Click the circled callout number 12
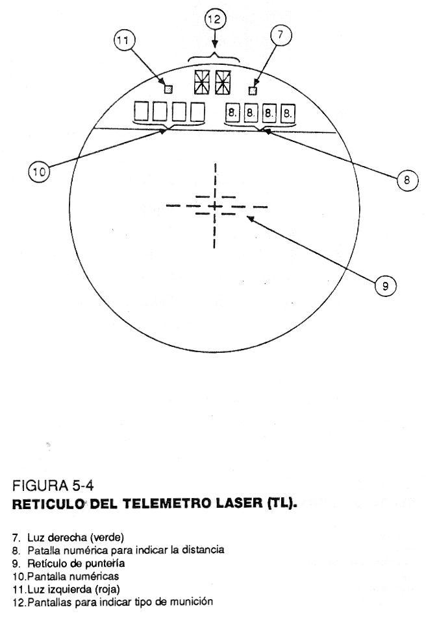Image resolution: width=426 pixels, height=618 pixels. (215, 19)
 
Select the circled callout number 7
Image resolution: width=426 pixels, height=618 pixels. (280, 36)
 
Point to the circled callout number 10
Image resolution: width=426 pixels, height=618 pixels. (38, 172)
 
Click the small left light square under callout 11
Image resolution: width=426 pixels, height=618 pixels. (168, 89)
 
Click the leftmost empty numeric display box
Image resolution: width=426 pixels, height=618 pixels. (141, 112)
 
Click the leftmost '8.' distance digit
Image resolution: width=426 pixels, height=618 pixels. (232, 113)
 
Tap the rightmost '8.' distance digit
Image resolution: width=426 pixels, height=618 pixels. (288, 113)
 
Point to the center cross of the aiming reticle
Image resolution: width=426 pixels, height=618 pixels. (214, 206)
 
